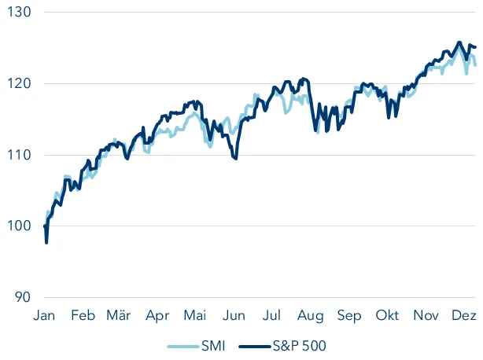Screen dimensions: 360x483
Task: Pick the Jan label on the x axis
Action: click(x=46, y=316)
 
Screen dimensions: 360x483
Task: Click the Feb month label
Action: click(x=83, y=316)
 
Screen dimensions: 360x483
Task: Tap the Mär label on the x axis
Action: click(x=119, y=316)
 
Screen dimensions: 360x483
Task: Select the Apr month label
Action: click(x=157, y=316)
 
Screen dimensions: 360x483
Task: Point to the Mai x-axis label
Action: click(x=194, y=316)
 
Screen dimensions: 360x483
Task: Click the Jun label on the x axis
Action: click(x=234, y=316)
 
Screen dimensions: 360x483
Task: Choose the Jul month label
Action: click(x=271, y=316)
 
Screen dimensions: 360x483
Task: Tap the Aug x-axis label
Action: click(x=311, y=316)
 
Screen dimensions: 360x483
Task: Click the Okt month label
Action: click(x=388, y=316)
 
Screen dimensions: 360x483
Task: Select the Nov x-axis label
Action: click(x=426, y=316)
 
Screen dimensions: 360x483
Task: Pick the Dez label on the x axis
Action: click(x=463, y=316)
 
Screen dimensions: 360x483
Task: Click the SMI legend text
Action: click(x=210, y=345)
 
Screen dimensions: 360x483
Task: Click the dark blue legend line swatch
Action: click(x=253, y=345)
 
